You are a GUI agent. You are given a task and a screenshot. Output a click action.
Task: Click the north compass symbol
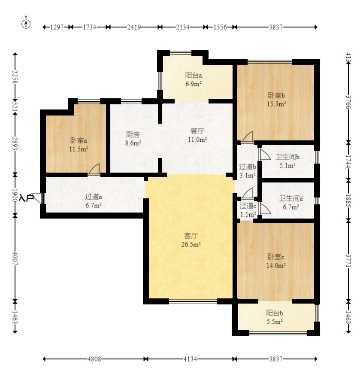(x=26, y=24)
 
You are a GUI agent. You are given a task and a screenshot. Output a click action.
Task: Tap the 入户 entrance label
(x=26, y=198)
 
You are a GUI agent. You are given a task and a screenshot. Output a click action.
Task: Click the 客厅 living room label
(x=191, y=236)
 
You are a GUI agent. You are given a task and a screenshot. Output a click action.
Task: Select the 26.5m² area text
(x=191, y=244)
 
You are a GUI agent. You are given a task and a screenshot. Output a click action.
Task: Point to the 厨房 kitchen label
(x=133, y=134)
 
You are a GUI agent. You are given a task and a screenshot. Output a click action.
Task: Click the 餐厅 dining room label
(x=197, y=131)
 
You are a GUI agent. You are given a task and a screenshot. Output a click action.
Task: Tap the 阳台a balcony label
(x=194, y=75)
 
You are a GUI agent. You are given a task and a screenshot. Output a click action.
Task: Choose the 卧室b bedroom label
(x=276, y=95)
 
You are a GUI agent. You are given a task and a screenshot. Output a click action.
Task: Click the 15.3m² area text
(x=276, y=104)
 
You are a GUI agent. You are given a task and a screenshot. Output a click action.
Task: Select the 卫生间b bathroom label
(x=287, y=157)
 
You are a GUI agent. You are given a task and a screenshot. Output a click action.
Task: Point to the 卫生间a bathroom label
(x=291, y=198)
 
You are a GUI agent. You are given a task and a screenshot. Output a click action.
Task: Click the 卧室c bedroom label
(x=276, y=257)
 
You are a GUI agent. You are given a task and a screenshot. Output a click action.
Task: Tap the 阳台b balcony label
(x=274, y=313)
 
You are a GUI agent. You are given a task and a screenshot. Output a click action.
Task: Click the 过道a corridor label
(x=94, y=197)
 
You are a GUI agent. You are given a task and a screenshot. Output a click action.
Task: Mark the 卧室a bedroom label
(x=79, y=140)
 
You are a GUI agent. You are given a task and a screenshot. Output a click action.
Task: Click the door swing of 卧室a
(x=94, y=169)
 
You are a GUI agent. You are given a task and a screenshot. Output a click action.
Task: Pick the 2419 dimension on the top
(x=134, y=27)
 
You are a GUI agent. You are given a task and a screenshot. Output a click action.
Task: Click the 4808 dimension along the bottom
(x=94, y=359)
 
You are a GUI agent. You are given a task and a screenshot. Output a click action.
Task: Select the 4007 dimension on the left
(x=15, y=258)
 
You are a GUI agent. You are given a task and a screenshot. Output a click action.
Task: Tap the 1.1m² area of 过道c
(x=248, y=214)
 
